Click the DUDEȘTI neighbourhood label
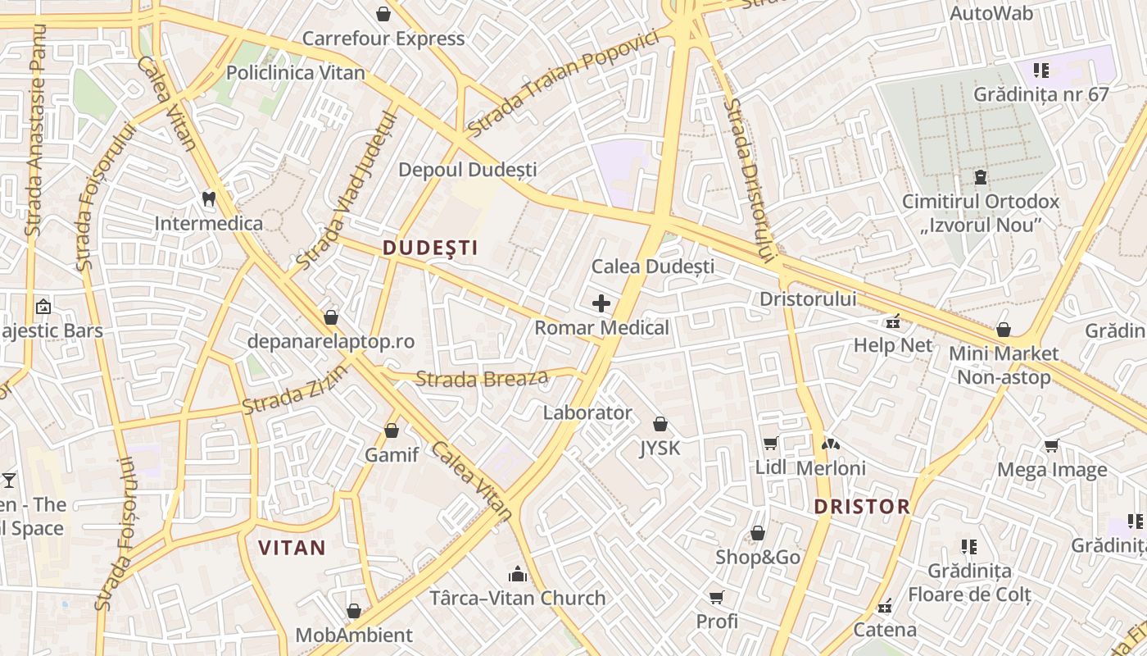pos(429,248)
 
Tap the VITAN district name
pos(292,548)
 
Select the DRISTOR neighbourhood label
pos(862,506)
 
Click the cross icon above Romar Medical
pos(601,303)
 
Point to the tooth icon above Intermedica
pos(208,198)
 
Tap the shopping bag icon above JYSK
pos(660,424)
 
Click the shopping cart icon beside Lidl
pos(770,444)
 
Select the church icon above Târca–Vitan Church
pos(518,573)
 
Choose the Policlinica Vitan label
pos(296,72)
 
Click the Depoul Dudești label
pos(468,170)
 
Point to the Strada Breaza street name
pos(482,379)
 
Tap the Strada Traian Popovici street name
pos(564,84)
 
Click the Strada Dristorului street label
pos(750,180)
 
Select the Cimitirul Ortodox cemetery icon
pos(980,176)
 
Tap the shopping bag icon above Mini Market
pos(1004,330)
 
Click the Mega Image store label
pos(1052,470)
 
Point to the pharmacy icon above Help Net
pos(893,321)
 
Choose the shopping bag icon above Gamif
pos(392,430)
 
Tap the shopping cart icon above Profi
pos(717,597)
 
